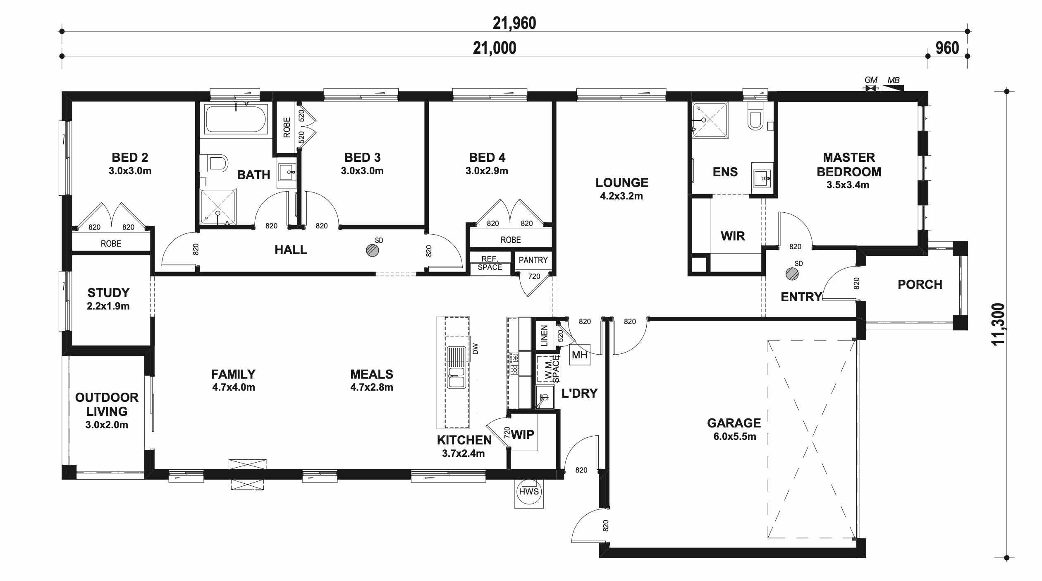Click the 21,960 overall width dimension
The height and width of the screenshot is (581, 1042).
click(514, 23)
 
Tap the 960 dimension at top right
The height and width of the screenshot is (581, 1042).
click(947, 48)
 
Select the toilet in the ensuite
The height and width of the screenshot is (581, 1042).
click(755, 120)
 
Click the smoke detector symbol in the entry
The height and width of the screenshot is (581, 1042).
click(792, 274)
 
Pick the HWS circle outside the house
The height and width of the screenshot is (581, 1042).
click(529, 492)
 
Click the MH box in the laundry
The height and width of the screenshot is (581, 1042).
click(579, 355)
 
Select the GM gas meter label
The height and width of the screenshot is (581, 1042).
click(871, 80)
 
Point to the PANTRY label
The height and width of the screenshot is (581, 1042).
click(533, 260)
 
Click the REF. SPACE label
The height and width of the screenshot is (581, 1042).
click(490, 263)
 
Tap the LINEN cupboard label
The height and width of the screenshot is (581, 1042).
click(544, 335)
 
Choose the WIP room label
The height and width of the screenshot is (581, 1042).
click(523, 435)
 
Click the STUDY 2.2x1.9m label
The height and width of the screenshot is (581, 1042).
click(108, 299)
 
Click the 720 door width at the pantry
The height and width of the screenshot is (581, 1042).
click(534, 276)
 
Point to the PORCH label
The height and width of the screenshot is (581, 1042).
click(920, 285)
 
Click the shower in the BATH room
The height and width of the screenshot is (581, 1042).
click(218, 208)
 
